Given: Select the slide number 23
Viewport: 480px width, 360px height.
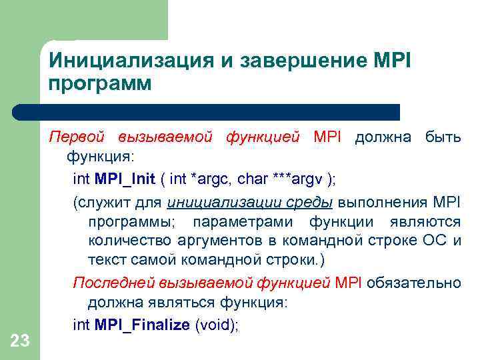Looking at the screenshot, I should pyautogui.click(x=20, y=342).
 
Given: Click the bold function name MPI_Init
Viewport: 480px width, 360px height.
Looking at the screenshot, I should pyautogui.click(x=125, y=179).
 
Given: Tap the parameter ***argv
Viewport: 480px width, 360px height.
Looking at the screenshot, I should pyautogui.click(x=298, y=179).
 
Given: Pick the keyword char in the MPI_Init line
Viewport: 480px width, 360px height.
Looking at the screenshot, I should pyautogui.click(x=255, y=179).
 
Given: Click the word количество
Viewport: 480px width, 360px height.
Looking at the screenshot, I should pyautogui.click(x=127, y=241).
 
